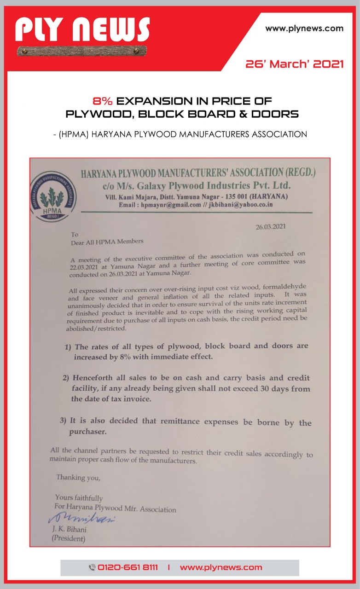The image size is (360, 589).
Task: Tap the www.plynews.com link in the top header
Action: [x=304, y=29]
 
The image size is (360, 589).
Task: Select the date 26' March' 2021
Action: [x=295, y=64]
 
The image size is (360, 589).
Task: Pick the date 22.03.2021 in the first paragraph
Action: [x=86, y=267]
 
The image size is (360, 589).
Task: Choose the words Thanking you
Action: [x=78, y=477]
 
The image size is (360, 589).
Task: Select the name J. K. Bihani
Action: [x=69, y=529]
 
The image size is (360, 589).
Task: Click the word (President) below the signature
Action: [x=69, y=538]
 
